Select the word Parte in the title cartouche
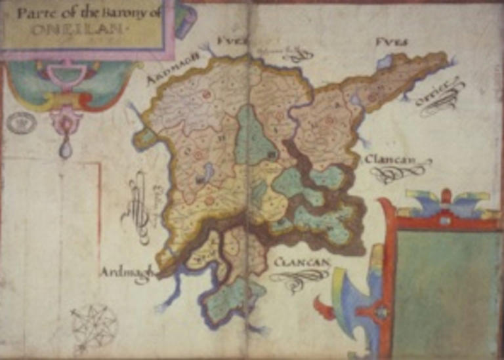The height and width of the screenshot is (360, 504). [35, 14]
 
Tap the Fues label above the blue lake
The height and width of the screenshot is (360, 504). [391, 43]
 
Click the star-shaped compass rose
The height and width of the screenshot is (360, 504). [94, 327]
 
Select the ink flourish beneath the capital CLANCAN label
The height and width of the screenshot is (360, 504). [299, 278]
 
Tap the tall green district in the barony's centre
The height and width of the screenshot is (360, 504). [252, 138]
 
